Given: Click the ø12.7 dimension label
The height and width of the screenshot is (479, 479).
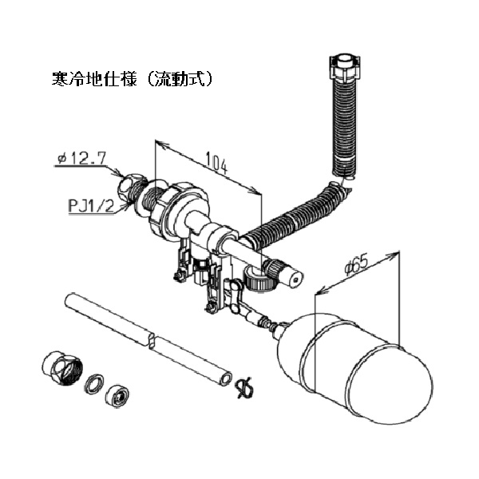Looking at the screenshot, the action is point(82,159).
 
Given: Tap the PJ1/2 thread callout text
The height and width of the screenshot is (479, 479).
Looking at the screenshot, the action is point(91,206).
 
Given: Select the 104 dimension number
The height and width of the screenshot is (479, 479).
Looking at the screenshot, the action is point(217,164).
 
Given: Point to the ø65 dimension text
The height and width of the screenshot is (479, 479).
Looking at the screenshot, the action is point(357,264).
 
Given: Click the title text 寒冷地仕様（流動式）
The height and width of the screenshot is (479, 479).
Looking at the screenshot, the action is point(132,79).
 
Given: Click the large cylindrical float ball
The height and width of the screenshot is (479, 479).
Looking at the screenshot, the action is point(354,369).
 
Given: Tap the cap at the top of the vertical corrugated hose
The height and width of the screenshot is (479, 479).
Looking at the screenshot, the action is point(345,68).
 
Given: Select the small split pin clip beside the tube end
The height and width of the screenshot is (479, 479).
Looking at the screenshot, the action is point(244,388).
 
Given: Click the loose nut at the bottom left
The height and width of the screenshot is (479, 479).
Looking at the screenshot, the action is point(61,368).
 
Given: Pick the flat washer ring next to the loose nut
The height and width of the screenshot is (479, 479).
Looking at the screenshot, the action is point(94,384).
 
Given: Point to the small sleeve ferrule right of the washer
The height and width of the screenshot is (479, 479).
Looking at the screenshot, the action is point(117,396).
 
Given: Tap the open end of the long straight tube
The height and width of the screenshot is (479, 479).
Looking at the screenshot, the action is point(226,379).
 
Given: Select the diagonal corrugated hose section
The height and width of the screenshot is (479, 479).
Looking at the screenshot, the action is point(293,214).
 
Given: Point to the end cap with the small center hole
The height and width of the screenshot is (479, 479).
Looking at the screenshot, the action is point(294,279).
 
